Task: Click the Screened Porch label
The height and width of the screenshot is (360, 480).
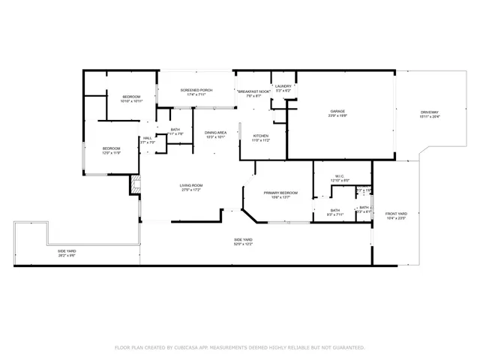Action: [x=196, y=90]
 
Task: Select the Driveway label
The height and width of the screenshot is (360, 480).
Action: [x=430, y=112]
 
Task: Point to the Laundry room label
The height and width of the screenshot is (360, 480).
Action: [x=283, y=86]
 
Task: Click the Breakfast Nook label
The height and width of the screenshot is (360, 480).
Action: [x=253, y=91]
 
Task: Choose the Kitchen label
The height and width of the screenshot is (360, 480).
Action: [x=250, y=136]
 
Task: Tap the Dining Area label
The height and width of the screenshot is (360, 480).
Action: [x=216, y=132]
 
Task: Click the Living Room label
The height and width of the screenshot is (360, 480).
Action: [x=191, y=185]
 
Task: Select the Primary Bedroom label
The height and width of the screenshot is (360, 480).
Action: [x=281, y=193]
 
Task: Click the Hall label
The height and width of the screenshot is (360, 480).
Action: [x=148, y=138]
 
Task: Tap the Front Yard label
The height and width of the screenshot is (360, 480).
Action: [x=396, y=214]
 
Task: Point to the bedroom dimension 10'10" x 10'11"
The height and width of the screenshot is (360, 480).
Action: [x=121, y=101]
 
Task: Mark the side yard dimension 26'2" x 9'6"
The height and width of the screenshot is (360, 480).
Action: [x=67, y=256]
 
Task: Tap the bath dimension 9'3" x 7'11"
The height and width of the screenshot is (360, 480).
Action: [x=334, y=214]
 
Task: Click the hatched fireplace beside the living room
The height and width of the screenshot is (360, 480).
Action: [x=136, y=184]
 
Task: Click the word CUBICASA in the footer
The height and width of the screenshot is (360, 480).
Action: [x=184, y=348]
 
